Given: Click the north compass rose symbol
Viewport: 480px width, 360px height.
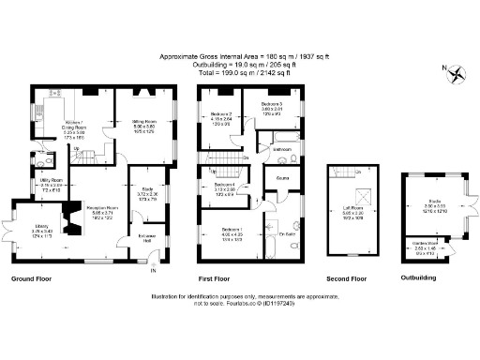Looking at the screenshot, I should tap(457, 74).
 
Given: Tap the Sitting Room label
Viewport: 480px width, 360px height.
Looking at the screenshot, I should tap(143, 122).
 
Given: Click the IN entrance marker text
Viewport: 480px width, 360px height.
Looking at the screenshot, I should tap(153, 274).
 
